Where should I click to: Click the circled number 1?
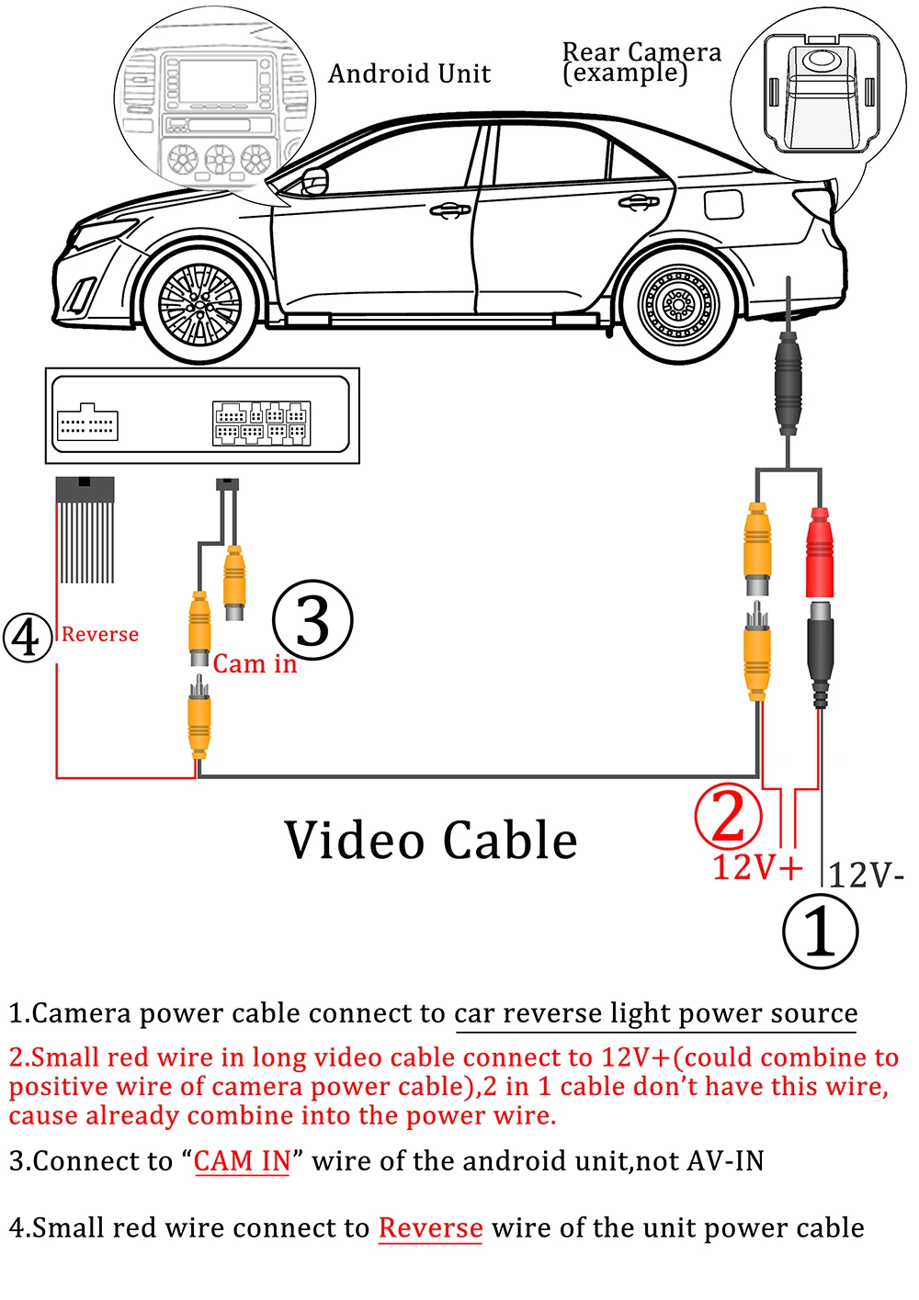[820, 931]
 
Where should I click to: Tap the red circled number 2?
[728, 815]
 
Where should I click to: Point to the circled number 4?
[27, 637]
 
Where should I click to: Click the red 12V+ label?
[757, 867]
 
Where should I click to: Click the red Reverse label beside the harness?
[100, 634]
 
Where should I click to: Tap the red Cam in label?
[255, 663]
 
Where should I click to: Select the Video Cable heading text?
[431, 841]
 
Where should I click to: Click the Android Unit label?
[410, 73]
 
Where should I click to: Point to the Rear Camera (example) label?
[641, 62]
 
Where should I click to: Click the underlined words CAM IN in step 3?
[243, 1161]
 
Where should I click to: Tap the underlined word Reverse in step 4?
[430, 1228]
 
